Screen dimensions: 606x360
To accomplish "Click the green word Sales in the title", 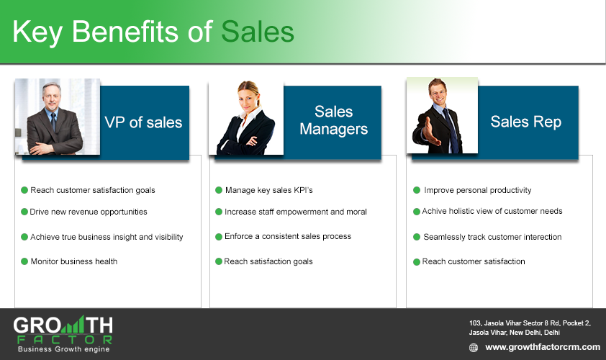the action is (258, 32).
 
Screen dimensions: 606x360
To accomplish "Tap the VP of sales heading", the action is (143, 122).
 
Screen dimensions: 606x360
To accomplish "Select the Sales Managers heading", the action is (333, 120).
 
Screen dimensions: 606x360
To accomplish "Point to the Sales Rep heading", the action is (525, 122).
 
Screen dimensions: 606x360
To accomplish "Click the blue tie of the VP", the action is (53, 121).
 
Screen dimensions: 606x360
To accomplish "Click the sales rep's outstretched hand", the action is (430, 132).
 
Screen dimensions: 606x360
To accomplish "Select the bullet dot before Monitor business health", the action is (24, 261).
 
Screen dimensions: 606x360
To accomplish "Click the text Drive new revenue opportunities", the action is (89, 212).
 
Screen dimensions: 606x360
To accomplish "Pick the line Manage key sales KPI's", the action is (268, 190).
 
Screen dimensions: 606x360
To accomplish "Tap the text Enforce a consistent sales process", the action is (288, 236).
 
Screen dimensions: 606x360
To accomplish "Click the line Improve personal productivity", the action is (477, 190).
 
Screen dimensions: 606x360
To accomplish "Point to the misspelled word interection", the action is (542, 237).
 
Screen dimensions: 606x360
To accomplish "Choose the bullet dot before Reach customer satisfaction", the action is (417, 262).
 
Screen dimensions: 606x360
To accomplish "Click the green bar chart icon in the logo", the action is (73, 325).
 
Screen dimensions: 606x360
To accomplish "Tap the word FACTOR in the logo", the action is (65, 340).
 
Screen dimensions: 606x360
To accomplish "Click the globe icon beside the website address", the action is (474, 348).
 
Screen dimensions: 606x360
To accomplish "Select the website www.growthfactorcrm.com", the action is (543, 347).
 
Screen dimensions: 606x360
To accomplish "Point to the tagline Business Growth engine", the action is (64, 349).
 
